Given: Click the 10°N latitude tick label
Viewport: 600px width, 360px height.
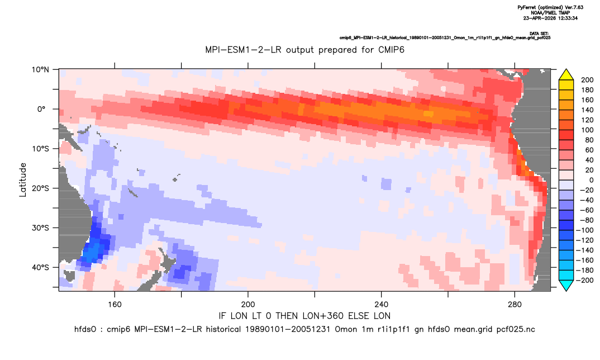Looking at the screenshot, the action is coord(40,70).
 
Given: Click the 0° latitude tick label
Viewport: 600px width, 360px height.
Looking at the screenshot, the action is coord(41,109).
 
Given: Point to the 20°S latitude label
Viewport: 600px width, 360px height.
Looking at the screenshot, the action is coord(40,188).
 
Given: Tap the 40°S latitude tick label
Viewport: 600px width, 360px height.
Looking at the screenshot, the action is coord(40,267).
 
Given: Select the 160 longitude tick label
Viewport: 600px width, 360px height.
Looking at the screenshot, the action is coord(115,305).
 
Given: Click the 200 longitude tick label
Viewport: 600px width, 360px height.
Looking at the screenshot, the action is coord(248,305).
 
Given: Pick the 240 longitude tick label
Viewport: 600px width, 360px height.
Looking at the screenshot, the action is coord(381,305).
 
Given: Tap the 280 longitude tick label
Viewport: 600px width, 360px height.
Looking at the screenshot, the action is coord(515,305).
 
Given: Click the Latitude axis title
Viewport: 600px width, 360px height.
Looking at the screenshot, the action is coord(23,180).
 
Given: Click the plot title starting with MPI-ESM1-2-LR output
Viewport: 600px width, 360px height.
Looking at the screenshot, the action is coord(304,50).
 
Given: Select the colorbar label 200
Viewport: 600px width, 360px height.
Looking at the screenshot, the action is coord(587,80).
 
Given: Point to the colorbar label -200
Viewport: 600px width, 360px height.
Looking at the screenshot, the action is coord(585,280).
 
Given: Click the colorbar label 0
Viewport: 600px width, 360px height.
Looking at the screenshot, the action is coord(591,180).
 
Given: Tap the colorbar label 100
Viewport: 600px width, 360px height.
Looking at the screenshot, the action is coord(587,130).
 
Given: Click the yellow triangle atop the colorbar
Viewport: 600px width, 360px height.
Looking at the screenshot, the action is coord(566,75).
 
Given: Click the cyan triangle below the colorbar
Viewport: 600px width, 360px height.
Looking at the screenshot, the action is coord(566,285).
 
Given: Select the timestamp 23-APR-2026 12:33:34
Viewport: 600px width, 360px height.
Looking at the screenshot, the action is coord(550,18).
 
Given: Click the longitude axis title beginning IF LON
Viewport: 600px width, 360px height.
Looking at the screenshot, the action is coord(304,316).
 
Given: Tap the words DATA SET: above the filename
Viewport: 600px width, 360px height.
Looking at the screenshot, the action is coord(540,34).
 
